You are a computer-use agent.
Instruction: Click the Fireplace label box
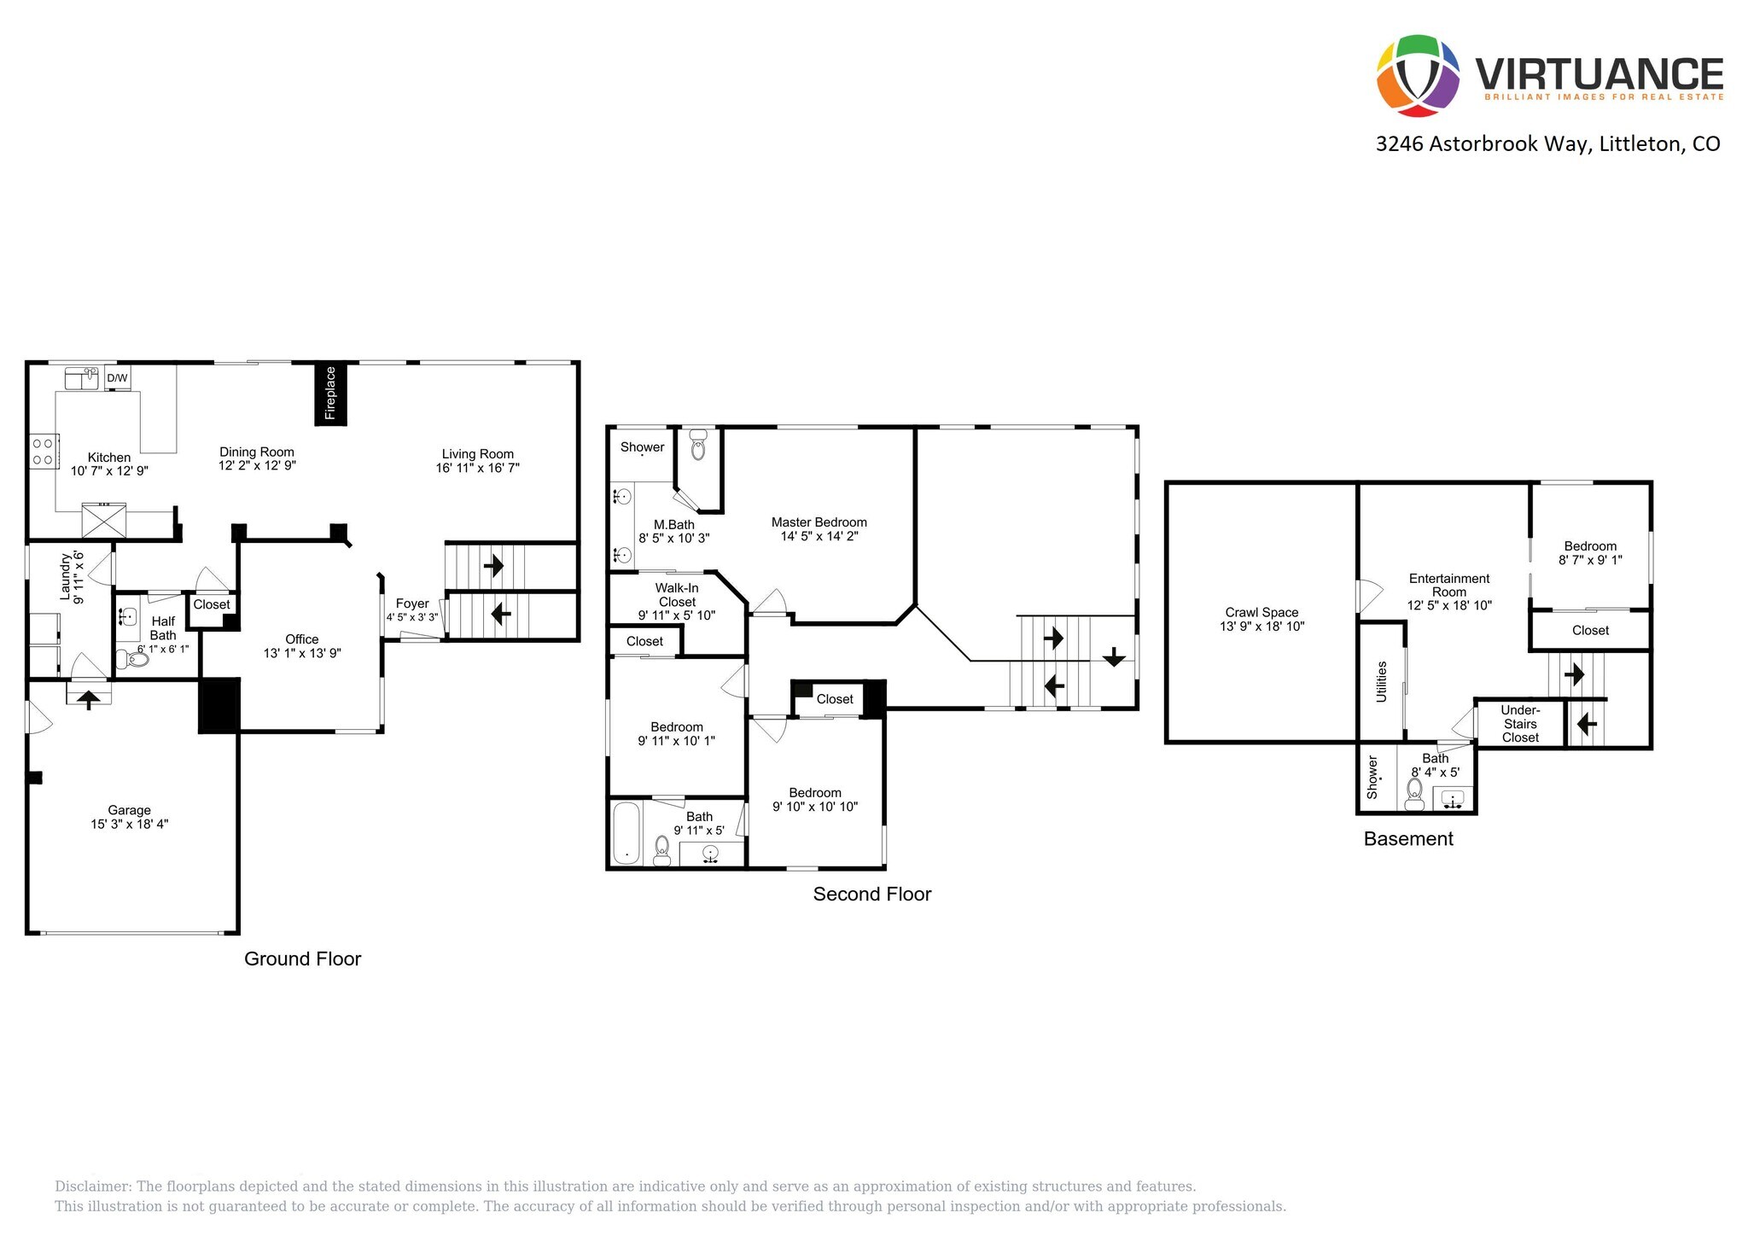pos(330,394)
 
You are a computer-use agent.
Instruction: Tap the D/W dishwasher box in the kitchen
pos(117,377)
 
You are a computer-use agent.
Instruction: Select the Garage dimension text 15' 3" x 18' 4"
pos(130,824)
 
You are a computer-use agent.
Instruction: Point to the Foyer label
pos(412,603)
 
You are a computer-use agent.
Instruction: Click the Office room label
pos(302,639)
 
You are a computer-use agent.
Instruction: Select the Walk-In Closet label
pos(677,595)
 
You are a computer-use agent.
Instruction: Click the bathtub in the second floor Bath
pos(626,833)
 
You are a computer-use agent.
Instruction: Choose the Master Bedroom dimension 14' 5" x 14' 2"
pos(819,536)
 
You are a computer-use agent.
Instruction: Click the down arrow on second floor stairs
pos(1114,657)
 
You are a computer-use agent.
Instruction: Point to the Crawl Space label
pos(1261,612)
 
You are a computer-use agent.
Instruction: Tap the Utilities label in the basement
pos(1381,681)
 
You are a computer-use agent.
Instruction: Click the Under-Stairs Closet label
pos(1520,724)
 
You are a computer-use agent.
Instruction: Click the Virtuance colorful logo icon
pos(1418,75)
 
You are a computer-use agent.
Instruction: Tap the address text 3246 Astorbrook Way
pos(1482,143)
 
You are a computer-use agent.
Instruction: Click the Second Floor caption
pos(871,894)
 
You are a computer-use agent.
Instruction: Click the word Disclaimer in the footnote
pos(93,1186)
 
